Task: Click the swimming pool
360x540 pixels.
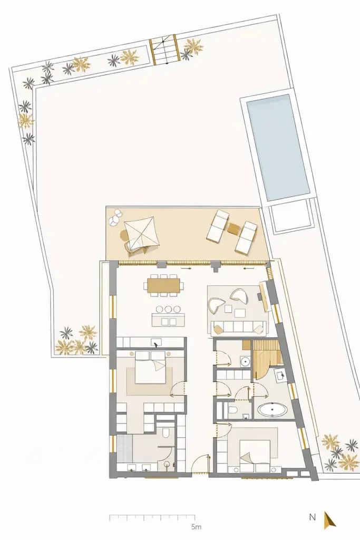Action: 278,147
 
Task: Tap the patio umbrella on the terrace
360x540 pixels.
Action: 141,233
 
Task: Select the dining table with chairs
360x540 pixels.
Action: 164,285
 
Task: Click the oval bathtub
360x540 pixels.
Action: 272,409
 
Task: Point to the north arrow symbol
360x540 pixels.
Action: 329,520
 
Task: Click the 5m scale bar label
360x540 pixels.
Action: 196,526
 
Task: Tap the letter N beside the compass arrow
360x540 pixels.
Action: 313,517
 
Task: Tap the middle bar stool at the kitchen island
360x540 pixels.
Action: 169,309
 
